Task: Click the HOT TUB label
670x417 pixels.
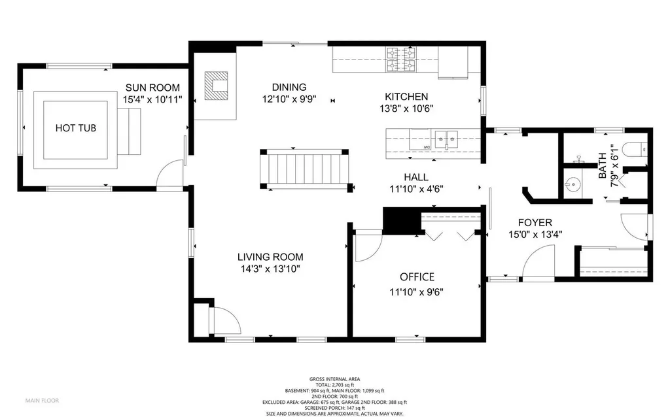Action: tap(76, 128)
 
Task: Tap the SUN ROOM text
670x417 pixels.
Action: tap(152, 88)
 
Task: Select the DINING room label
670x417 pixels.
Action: tap(289, 87)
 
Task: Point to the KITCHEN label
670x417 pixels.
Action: tap(406, 97)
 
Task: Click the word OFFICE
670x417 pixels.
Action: tap(417, 277)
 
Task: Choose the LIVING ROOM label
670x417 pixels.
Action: tap(270, 257)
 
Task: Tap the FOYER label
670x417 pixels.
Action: tap(535, 222)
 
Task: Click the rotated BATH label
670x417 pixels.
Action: tap(602, 165)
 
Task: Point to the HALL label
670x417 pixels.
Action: tap(416, 177)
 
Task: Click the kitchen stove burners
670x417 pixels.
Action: tap(401, 59)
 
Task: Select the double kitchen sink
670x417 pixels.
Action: tap(446, 140)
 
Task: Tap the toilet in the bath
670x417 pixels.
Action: tap(634, 148)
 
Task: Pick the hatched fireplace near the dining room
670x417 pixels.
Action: tap(216, 86)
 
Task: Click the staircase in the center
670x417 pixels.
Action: tap(305, 169)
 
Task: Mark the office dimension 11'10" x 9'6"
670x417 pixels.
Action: tap(416, 292)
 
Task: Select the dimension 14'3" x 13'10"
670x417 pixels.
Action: tap(270, 269)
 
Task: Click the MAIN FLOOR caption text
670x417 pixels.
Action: tap(43, 401)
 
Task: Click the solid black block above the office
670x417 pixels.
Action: tap(401, 221)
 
